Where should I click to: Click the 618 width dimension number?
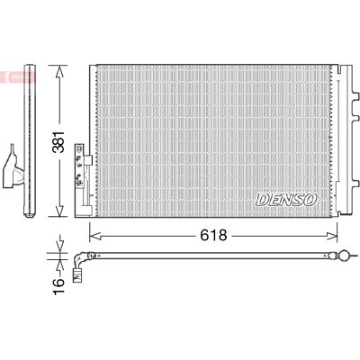pyautogui.click(x=213, y=236)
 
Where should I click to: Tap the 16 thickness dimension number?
pyautogui.click(x=58, y=286)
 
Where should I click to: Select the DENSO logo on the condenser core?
pyautogui.click(x=286, y=200)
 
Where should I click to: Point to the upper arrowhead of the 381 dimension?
pyautogui.click(x=60, y=72)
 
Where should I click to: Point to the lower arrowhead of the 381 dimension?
pyautogui.click(x=60, y=210)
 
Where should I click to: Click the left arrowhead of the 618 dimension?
pyautogui.click(x=96, y=236)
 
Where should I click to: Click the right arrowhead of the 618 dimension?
pyautogui.click(x=331, y=236)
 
